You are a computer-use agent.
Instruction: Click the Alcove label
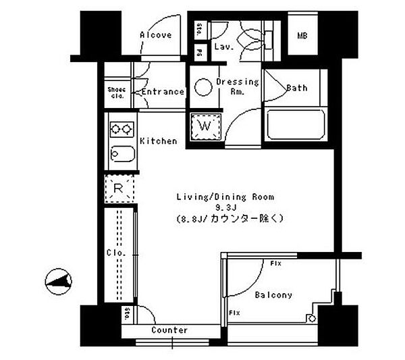click(x=155, y=35)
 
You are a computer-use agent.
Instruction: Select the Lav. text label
click(x=223, y=47)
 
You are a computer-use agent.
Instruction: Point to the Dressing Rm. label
click(x=237, y=86)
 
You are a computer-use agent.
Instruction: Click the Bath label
click(x=297, y=88)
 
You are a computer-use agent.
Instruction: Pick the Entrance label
click(x=162, y=92)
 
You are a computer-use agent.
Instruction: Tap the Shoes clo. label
click(x=116, y=92)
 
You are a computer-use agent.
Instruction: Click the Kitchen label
click(x=159, y=141)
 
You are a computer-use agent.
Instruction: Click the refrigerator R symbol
click(x=118, y=188)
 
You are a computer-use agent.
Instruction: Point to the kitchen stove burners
click(x=121, y=128)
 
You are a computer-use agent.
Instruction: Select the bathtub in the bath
click(x=297, y=126)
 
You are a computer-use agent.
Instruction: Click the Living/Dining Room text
click(x=225, y=197)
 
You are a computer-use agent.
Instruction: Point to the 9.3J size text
click(x=225, y=207)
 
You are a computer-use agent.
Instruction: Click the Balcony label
click(x=273, y=295)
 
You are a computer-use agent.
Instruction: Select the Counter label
click(x=169, y=330)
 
